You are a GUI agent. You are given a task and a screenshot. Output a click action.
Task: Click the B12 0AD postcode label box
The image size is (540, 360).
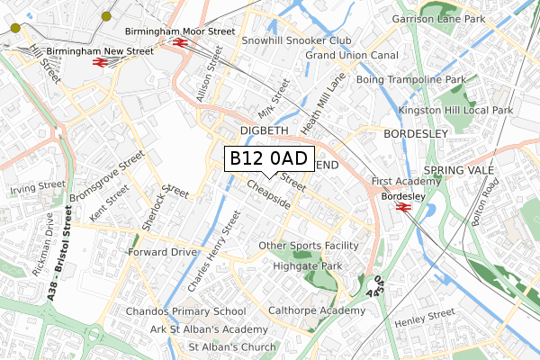point(268,158)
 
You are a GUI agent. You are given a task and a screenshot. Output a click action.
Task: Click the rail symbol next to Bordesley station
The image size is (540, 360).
point(402,208)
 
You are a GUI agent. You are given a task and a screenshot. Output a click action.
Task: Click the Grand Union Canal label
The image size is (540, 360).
point(352,56)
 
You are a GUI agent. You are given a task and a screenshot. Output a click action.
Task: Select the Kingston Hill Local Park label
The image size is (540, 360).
point(459,110)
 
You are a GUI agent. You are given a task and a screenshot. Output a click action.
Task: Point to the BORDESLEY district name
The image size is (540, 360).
point(415,134)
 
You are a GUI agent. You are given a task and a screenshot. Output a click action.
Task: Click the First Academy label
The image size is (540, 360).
point(407,182)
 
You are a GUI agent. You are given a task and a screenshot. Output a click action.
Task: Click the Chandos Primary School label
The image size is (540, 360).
point(186,312)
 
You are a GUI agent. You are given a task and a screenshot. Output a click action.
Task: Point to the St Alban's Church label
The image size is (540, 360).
point(231,347)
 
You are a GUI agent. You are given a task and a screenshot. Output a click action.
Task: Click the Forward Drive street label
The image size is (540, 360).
point(162,252)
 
